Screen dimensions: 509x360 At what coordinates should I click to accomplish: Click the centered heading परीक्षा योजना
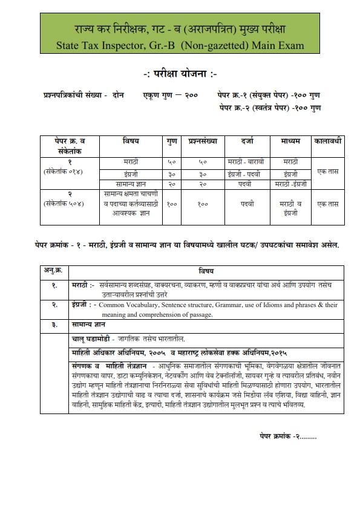[x=180, y=75]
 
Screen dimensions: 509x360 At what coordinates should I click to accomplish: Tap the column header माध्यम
[x=290, y=141]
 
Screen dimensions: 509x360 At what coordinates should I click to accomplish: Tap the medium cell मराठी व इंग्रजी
[x=290, y=204]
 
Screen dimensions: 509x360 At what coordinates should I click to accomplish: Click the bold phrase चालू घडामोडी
[x=93, y=339]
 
